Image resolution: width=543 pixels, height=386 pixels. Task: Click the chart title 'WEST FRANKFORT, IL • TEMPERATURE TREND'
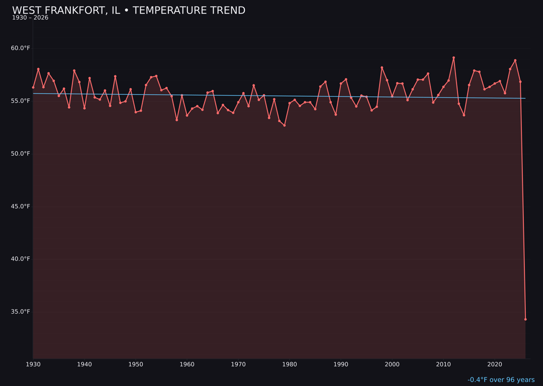click(129, 11)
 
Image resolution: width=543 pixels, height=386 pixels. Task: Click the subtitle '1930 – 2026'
click(30, 18)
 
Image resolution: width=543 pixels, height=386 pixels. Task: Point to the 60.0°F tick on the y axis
click(21, 48)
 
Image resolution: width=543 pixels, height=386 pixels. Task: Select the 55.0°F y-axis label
click(21, 101)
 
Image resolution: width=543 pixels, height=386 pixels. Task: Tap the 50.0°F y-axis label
click(21, 154)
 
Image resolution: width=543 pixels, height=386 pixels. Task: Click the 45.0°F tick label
click(21, 207)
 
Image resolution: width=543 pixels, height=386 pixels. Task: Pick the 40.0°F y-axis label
click(21, 259)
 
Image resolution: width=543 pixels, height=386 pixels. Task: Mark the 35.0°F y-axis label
click(21, 312)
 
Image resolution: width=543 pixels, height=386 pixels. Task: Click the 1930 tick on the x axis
click(33, 364)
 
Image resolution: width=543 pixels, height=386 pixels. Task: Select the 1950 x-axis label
click(136, 364)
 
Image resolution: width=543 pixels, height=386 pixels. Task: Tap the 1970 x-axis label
click(238, 364)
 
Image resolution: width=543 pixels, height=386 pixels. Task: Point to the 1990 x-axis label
click(341, 364)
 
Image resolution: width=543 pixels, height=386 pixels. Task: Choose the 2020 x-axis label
click(495, 364)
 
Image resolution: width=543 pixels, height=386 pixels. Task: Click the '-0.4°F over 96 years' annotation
click(501, 380)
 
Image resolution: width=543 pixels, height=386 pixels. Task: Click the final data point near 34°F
click(525, 319)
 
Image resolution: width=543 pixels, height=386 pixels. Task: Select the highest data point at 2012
click(454, 58)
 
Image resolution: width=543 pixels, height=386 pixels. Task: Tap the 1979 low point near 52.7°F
click(285, 125)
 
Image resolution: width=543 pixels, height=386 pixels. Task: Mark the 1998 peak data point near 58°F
click(382, 67)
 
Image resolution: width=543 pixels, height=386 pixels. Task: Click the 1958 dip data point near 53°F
click(176, 120)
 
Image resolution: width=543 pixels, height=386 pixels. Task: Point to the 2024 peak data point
click(515, 60)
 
